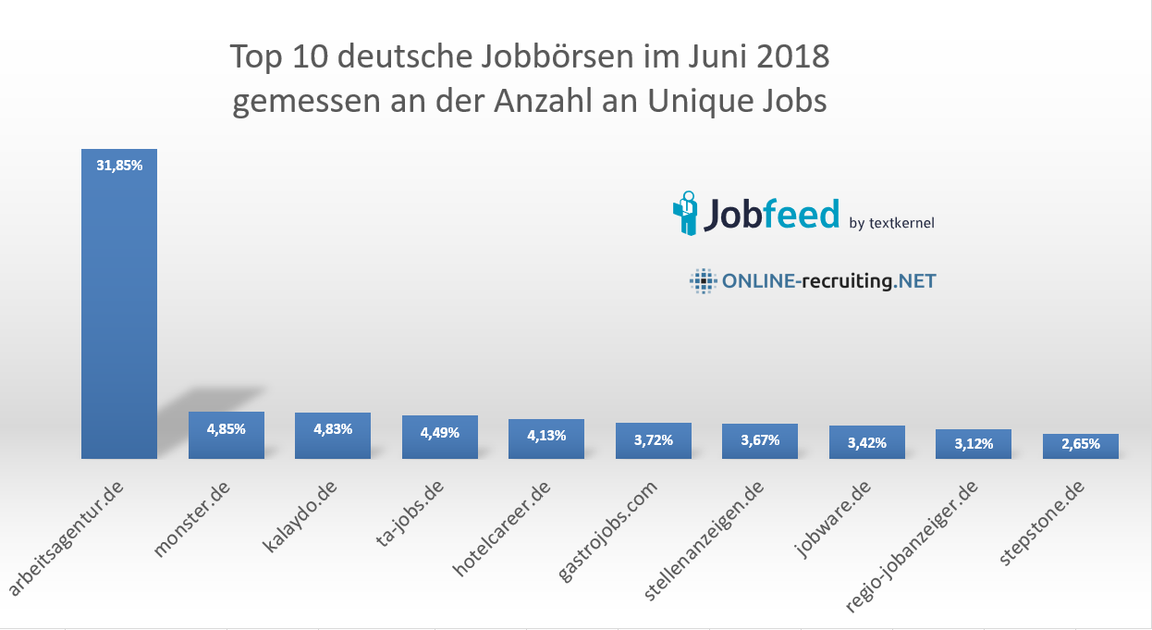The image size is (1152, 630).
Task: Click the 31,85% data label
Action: tap(119, 166)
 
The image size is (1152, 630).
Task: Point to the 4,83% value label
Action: tap(333, 429)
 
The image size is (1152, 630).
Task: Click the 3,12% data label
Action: tap(974, 444)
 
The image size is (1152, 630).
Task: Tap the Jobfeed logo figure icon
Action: tap(686, 212)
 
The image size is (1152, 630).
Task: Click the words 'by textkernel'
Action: tap(891, 222)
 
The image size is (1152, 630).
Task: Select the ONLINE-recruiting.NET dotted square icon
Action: tap(703, 281)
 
